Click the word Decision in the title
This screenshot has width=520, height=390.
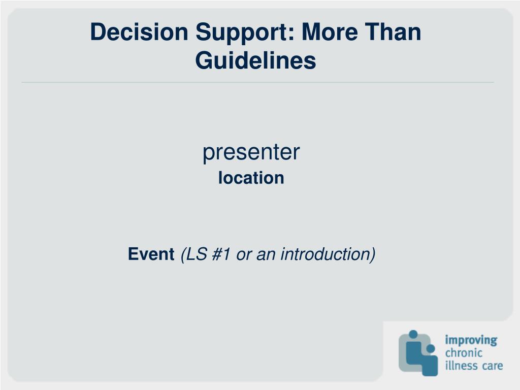[139, 32]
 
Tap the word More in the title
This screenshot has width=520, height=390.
[330, 32]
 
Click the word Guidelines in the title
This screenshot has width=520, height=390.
[255, 60]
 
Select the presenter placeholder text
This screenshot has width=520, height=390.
[251, 152]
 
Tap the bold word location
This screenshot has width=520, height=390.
[251, 178]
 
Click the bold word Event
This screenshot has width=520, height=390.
[151, 254]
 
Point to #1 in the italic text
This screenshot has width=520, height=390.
[221, 254]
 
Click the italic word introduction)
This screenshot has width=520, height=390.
[328, 255]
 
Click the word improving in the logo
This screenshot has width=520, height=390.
[471, 341]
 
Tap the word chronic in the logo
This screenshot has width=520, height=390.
[464, 353]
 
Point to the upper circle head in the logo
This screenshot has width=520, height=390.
[413, 334]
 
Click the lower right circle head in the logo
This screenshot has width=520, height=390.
[431, 349]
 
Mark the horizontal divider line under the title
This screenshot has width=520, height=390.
[257, 82]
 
